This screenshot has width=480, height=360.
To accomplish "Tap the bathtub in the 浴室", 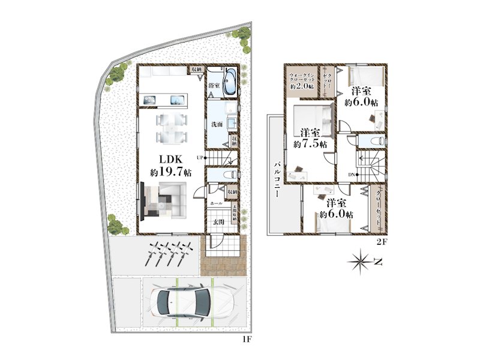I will [x=230, y=80].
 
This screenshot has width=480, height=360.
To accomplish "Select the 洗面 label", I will [x=217, y=124].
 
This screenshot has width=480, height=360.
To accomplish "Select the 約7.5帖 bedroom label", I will [x=310, y=138].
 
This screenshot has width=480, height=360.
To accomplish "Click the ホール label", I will [x=216, y=204].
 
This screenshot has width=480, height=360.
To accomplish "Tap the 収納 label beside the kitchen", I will [x=197, y=70].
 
